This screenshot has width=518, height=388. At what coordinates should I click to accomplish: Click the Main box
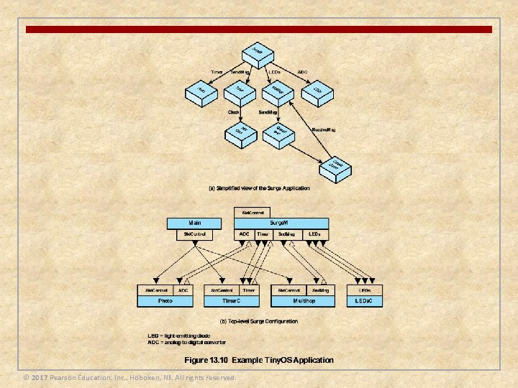[x=195, y=223]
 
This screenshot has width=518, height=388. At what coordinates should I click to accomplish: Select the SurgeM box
[x=281, y=223]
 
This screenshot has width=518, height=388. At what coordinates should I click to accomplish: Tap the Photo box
[x=165, y=301]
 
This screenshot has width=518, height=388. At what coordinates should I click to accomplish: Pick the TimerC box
[x=231, y=301]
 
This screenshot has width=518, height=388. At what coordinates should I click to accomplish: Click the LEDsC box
[x=369, y=301]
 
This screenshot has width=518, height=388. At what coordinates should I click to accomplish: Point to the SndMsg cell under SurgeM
[x=286, y=234]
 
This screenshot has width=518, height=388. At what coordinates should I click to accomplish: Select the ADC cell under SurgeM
[x=244, y=234]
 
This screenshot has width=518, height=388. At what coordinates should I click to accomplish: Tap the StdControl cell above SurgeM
[x=252, y=213]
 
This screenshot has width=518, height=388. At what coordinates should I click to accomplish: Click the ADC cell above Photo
[x=183, y=290]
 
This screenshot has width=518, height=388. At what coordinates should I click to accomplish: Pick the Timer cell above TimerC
[x=248, y=290]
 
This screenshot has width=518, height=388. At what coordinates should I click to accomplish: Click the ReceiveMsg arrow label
[x=324, y=130]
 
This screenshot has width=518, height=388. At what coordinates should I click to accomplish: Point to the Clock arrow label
[x=234, y=112]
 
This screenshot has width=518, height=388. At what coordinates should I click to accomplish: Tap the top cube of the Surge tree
[x=261, y=52]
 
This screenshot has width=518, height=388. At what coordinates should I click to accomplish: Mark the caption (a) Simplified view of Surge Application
[x=259, y=188]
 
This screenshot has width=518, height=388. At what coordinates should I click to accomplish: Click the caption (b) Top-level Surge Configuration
[x=259, y=321]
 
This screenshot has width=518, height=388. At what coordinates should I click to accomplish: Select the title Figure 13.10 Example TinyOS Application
[x=259, y=359]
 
